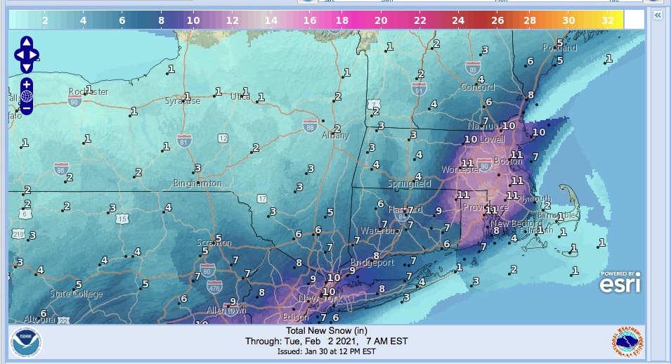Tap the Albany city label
coord(334,136)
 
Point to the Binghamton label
coord(197,183)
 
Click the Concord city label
coord(477,87)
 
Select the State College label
coord(76,294)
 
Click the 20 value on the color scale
coord(381,21)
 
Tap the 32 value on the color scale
coord(608,21)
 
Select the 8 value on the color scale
coord(161,21)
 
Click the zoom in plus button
coord(26,84)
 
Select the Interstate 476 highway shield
coord(214,287)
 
